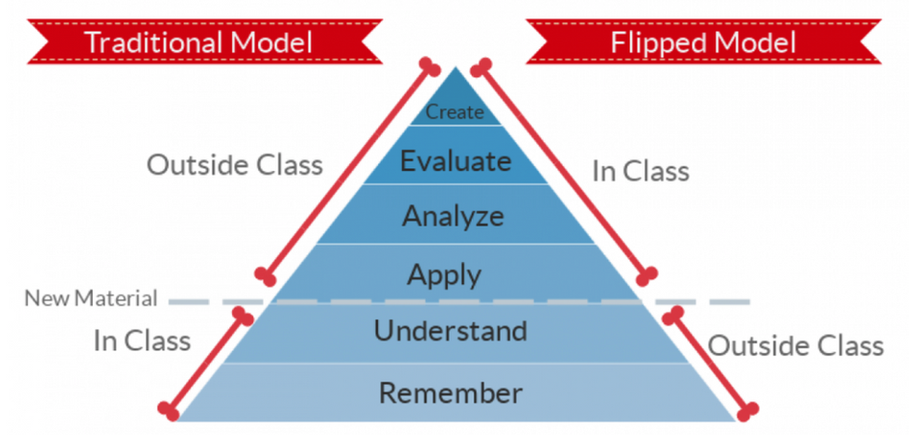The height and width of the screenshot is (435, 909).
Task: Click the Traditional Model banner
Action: (x=198, y=41)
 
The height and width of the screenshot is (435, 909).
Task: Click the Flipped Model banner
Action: (x=703, y=41)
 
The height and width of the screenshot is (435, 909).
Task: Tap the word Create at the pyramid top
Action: (x=454, y=113)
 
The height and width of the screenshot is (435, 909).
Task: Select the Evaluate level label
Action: (x=455, y=162)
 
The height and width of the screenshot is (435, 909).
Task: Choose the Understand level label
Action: (x=451, y=330)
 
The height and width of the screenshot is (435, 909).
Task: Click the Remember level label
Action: (x=451, y=393)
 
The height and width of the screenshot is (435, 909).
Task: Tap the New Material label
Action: (x=91, y=298)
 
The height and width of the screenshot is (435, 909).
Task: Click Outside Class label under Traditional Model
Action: (x=235, y=165)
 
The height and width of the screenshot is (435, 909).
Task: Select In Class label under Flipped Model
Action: (x=641, y=171)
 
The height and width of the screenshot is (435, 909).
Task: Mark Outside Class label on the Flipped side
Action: (x=795, y=346)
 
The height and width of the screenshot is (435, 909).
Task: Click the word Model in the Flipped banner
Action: (x=755, y=42)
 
